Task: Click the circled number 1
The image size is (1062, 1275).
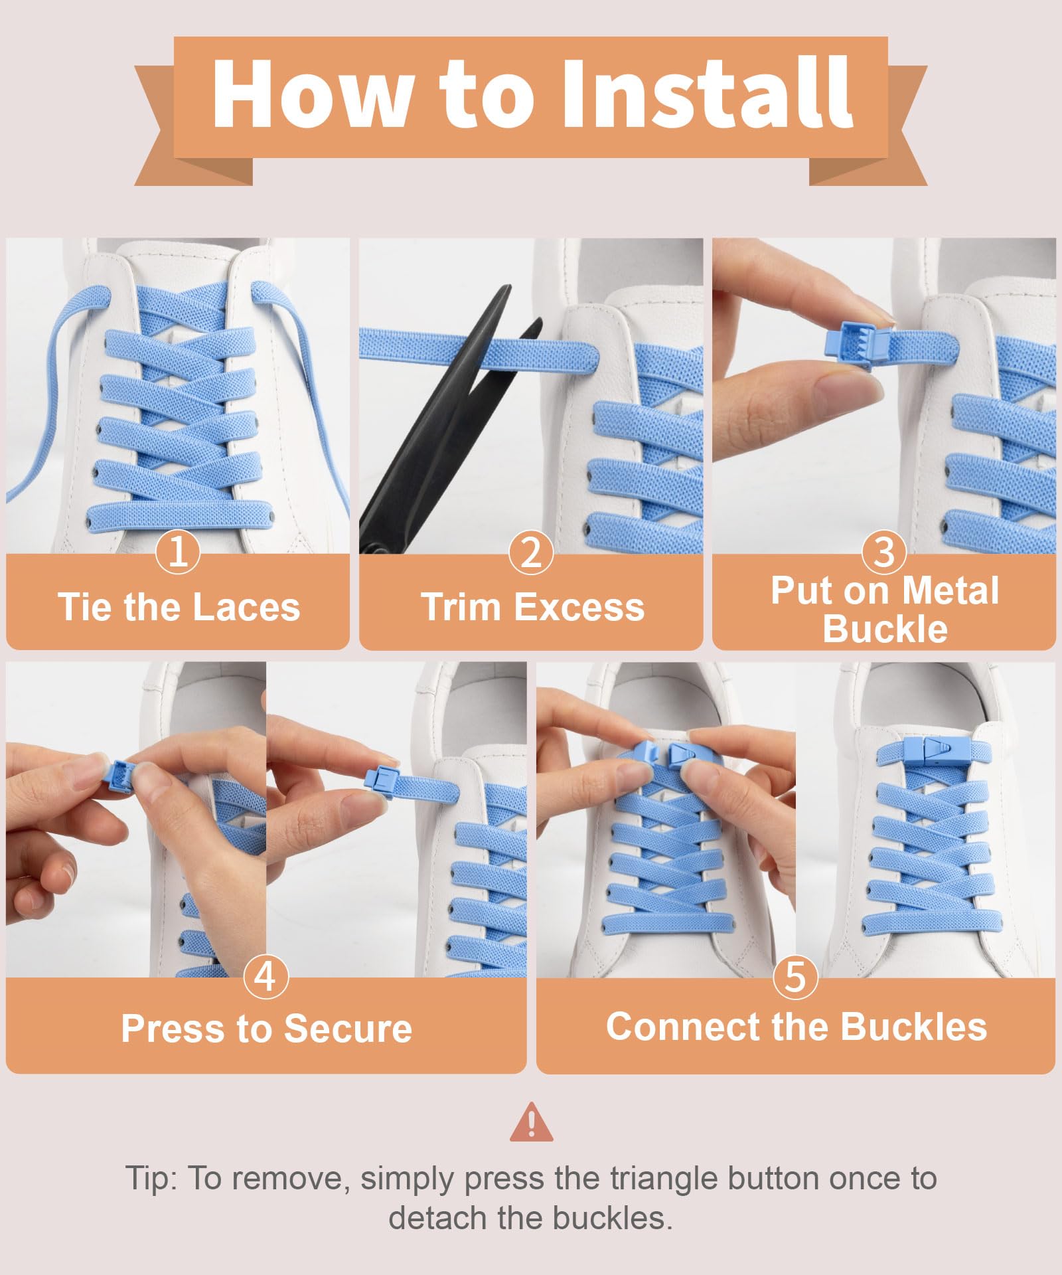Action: click(178, 552)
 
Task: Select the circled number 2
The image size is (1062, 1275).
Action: click(531, 552)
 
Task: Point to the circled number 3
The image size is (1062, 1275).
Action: click(884, 552)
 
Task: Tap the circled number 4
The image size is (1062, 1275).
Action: click(265, 976)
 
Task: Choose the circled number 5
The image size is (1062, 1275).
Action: click(795, 976)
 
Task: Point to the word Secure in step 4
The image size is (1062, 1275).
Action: click(348, 1029)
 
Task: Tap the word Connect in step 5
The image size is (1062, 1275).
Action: click(684, 1027)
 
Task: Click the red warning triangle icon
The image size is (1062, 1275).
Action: click(531, 1122)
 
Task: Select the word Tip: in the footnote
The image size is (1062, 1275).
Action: click(152, 1179)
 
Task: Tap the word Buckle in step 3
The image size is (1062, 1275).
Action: click(885, 628)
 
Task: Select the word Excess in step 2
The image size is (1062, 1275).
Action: click(580, 607)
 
